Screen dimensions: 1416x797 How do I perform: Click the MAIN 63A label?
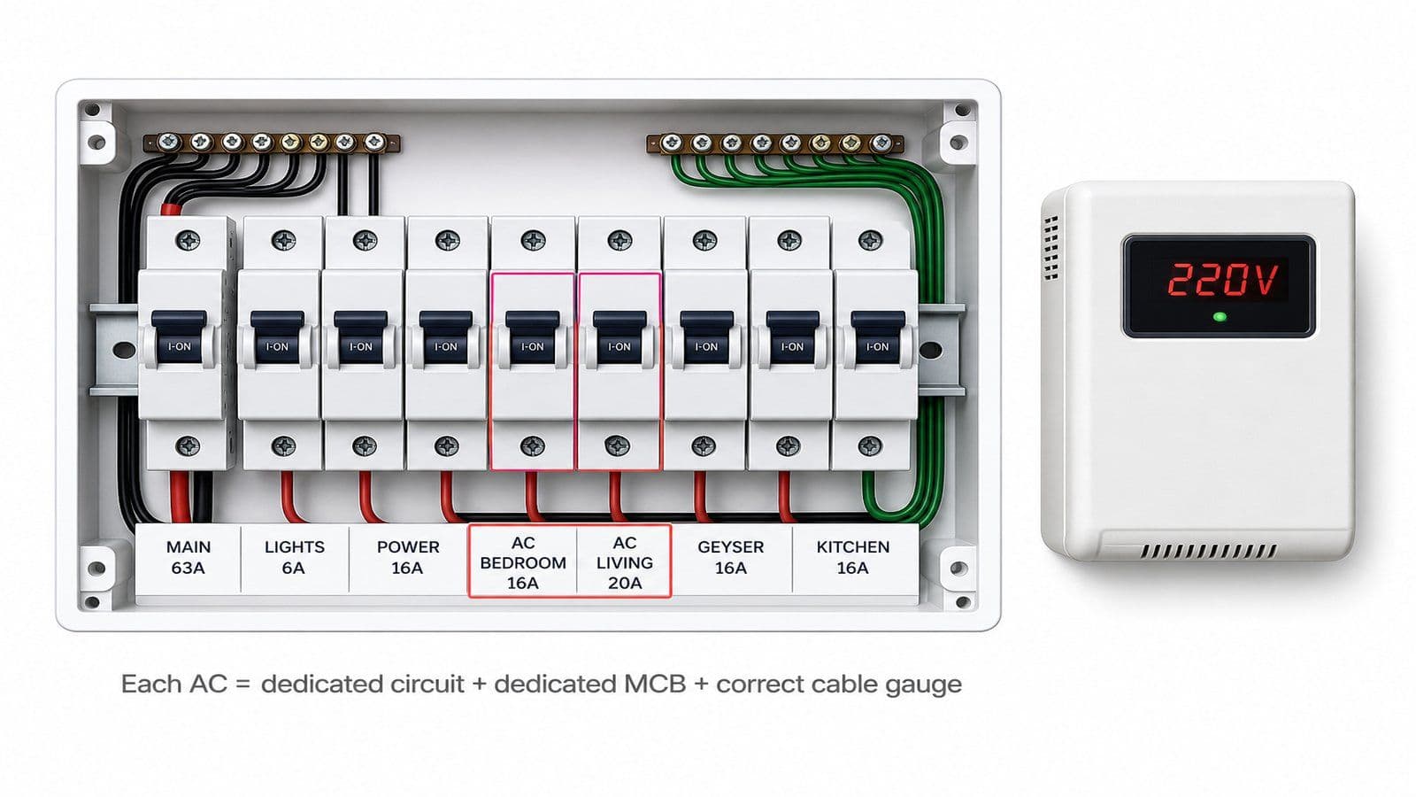(x=189, y=557)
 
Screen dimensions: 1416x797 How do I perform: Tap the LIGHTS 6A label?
(x=294, y=557)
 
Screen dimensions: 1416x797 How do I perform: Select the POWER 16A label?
(x=408, y=557)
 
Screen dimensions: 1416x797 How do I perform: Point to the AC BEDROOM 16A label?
(x=523, y=562)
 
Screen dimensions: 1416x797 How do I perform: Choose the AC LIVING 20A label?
(x=625, y=562)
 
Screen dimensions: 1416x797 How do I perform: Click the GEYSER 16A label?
(x=731, y=557)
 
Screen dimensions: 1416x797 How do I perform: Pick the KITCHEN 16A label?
(x=853, y=557)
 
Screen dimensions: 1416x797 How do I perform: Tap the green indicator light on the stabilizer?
(x=1220, y=317)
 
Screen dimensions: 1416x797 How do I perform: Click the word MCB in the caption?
(x=655, y=684)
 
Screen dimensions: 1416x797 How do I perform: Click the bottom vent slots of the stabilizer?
(x=1208, y=551)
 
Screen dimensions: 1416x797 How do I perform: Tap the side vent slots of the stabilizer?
(x=1050, y=248)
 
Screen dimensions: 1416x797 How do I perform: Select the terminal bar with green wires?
(x=775, y=143)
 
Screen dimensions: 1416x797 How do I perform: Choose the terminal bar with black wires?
(x=271, y=143)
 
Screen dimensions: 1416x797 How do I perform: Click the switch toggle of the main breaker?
(x=179, y=337)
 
